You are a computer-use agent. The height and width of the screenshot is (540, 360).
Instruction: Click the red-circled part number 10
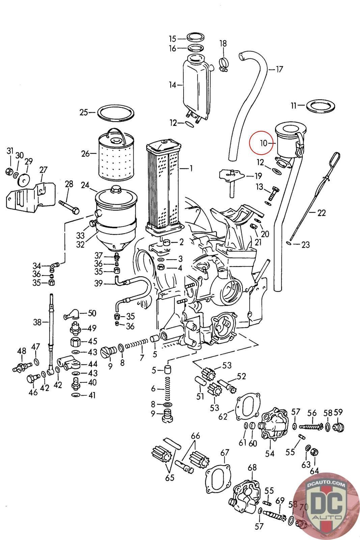pyautogui.click(x=264, y=143)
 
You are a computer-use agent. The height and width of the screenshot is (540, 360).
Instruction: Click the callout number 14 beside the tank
pyautogui.click(x=172, y=85)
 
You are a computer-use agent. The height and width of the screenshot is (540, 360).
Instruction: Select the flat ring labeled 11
pyautogui.click(x=321, y=106)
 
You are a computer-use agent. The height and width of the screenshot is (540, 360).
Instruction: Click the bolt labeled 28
pyautogui.click(x=69, y=205)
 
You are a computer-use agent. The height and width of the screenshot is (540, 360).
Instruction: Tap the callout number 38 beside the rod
pyautogui.click(x=37, y=322)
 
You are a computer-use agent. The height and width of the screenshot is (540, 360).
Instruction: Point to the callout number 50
pyautogui.click(x=92, y=313)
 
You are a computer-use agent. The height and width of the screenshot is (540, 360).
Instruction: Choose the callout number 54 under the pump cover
pyautogui.click(x=270, y=454)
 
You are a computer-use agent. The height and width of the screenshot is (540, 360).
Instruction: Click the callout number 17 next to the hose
pyautogui.click(x=279, y=70)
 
